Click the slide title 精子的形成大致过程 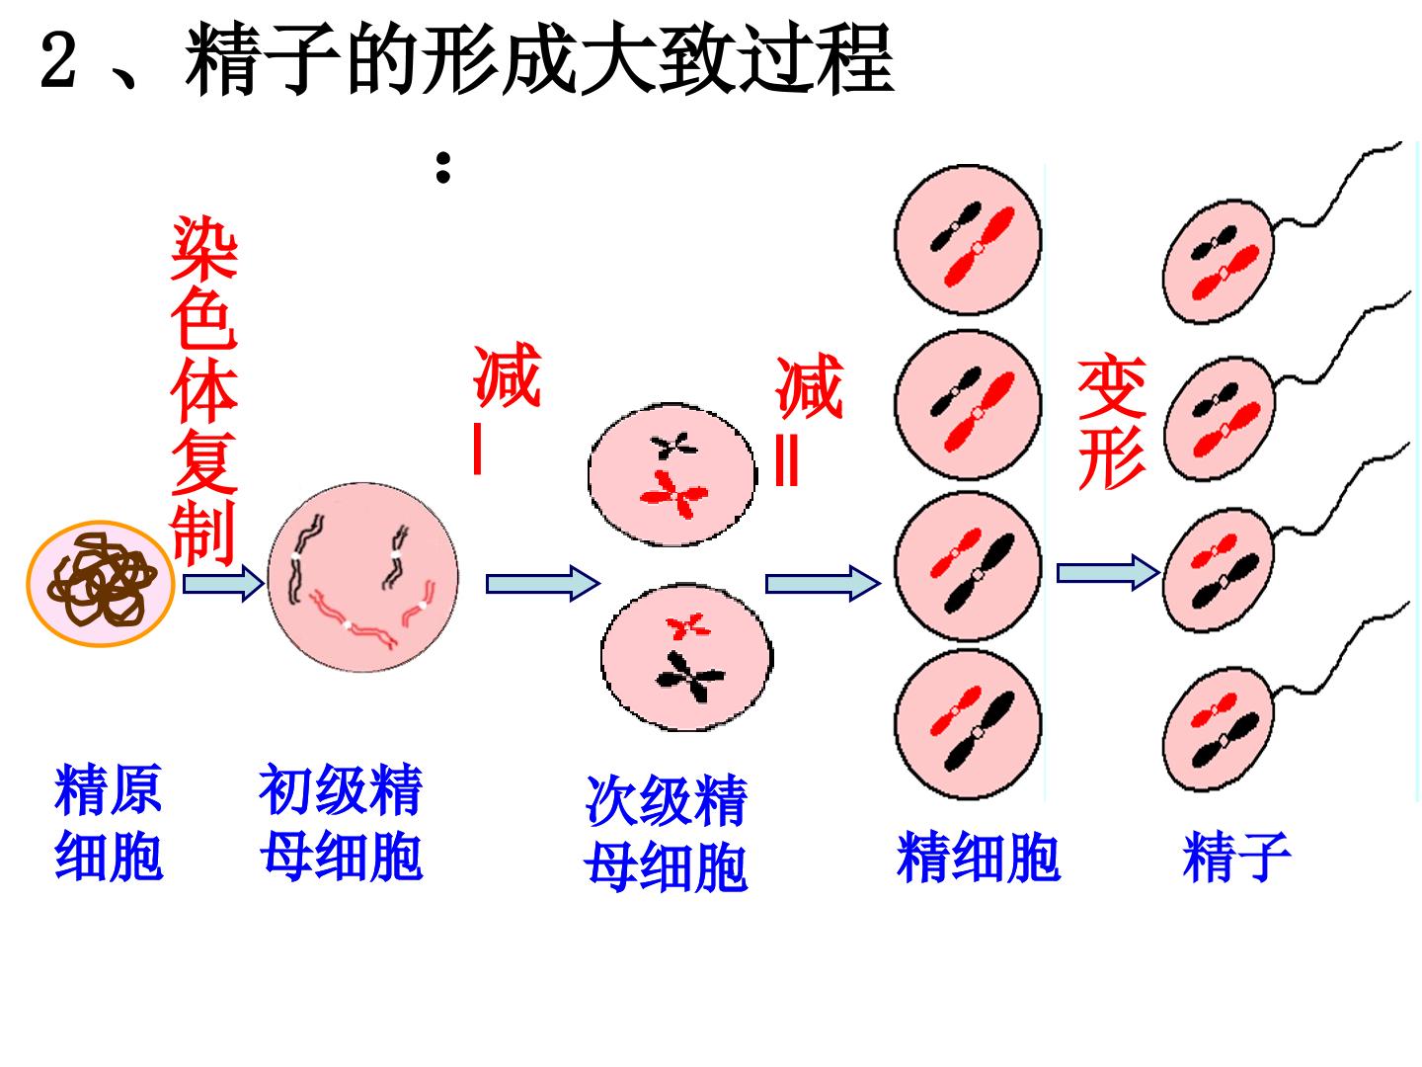click(539, 59)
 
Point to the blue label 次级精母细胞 click(666, 833)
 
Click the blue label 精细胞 click(979, 858)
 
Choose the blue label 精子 click(1236, 858)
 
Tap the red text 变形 click(1112, 421)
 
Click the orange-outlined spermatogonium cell click(101, 584)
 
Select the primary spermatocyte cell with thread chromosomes click(362, 577)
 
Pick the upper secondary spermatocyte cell click(671, 474)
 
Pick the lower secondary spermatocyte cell click(686, 657)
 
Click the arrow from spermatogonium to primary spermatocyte click(223, 583)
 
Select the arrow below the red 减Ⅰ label click(543, 583)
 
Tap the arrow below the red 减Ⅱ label click(823, 583)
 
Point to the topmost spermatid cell click(968, 239)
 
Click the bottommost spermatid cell click(968, 724)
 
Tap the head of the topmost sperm click(1219, 261)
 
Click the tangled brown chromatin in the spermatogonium click(101, 579)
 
